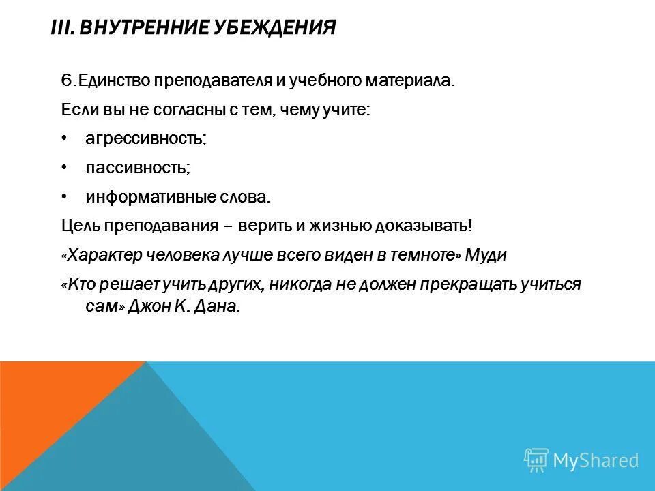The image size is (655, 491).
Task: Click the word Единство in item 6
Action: click(x=113, y=81)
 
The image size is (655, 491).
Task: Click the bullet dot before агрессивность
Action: click(x=63, y=138)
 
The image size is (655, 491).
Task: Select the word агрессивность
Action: click(x=145, y=138)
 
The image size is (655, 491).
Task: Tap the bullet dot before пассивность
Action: click(x=63, y=167)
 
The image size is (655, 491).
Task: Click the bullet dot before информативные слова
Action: click(x=63, y=196)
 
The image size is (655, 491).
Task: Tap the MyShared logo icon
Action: click(x=536, y=460)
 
